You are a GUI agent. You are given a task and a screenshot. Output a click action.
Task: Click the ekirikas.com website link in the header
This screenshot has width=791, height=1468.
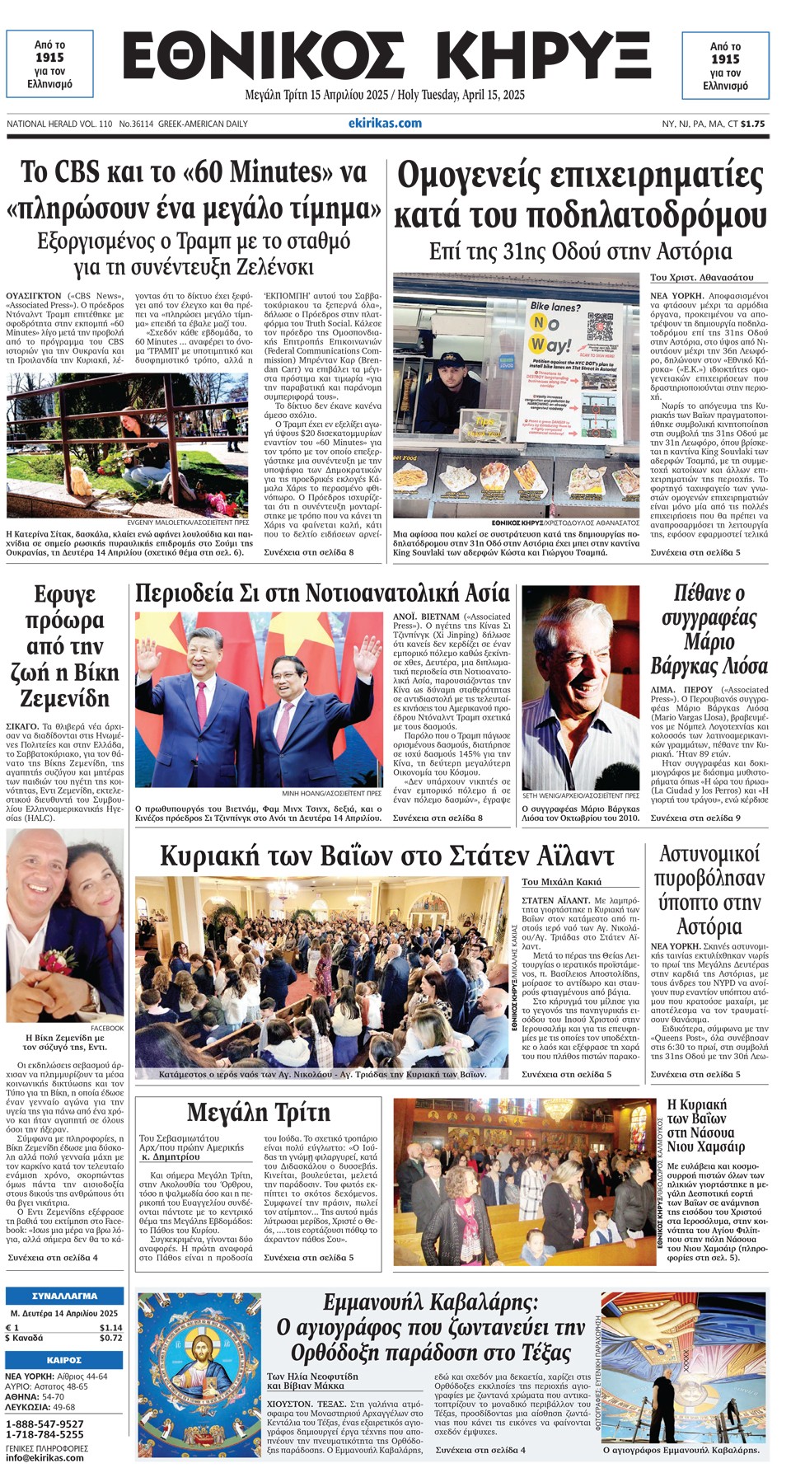click(385, 123)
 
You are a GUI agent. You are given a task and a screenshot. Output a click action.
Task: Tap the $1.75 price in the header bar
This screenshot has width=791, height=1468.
click(752, 124)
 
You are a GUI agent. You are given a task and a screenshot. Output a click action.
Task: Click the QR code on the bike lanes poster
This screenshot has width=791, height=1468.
click(604, 326)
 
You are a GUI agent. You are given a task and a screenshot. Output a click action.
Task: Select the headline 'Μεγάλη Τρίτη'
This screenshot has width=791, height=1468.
click(258, 1112)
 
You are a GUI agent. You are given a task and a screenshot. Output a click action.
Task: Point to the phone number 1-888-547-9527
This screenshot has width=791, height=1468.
click(44, 1423)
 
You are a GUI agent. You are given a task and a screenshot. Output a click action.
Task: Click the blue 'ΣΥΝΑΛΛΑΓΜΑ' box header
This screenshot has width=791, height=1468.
click(64, 1296)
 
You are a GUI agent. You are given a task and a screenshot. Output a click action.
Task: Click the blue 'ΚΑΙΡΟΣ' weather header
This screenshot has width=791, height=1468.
click(64, 1360)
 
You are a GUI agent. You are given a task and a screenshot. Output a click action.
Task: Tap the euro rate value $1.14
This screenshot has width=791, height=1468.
click(110, 1328)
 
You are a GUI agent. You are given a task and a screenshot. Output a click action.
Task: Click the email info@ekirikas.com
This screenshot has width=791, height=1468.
click(44, 1457)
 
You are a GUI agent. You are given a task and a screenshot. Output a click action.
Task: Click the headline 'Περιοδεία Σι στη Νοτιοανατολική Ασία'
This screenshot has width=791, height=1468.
click(322, 593)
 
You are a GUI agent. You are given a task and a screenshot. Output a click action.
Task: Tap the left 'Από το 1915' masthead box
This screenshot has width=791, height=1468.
click(49, 64)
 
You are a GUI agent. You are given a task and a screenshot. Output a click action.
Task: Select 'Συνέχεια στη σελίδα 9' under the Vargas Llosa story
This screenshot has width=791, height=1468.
click(695, 818)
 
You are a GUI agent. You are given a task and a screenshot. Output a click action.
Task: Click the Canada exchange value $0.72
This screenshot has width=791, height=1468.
click(110, 1338)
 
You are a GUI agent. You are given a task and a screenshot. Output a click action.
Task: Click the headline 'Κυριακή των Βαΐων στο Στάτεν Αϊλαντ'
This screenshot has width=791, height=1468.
click(386, 856)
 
